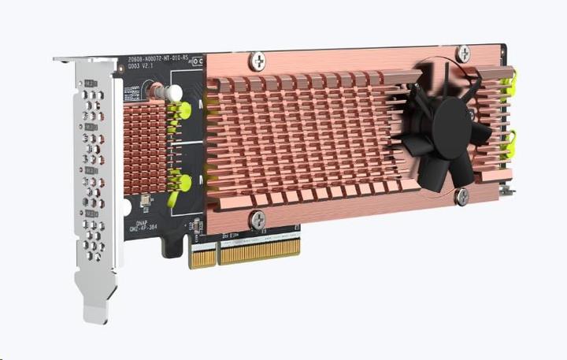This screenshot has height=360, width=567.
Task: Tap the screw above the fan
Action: [465, 53]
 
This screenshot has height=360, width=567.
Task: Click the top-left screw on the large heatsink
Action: [258, 60]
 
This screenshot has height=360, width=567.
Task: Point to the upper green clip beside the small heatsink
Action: [182, 110]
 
